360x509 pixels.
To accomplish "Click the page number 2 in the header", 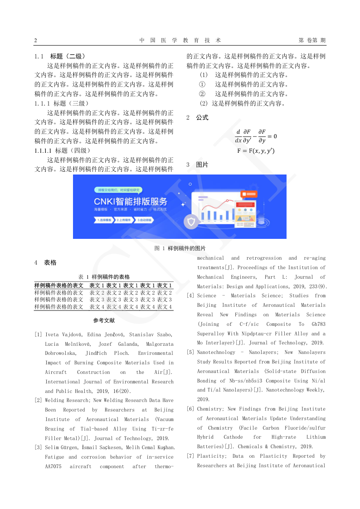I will [36, 40].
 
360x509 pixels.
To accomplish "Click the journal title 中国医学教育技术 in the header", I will [180, 40].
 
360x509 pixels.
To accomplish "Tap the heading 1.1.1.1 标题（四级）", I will [63, 150].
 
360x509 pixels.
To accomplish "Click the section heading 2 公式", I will [197, 117].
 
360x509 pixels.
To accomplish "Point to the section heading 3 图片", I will [197, 165].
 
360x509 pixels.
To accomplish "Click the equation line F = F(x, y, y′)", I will [255, 151].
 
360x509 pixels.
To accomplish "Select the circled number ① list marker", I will [202, 84].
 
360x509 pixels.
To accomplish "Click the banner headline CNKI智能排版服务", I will [131, 201].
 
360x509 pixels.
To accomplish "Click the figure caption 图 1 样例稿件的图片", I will [180, 248].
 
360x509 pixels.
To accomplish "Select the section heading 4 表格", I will [45, 262].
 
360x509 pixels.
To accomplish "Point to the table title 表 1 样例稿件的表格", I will [104, 277].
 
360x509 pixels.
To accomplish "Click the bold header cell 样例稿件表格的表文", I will [59, 286].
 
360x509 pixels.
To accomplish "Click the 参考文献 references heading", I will [104, 320].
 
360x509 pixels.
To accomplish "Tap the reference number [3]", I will [39, 448].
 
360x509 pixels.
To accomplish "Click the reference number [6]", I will [191, 409].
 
